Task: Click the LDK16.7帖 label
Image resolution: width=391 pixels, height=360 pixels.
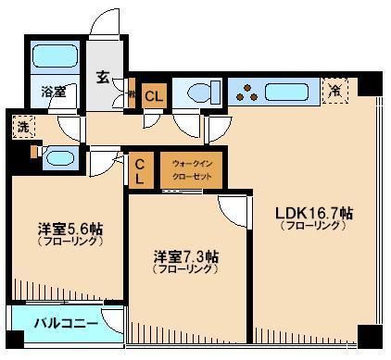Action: click(314, 212)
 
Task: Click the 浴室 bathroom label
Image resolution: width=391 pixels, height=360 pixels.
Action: click(52, 91)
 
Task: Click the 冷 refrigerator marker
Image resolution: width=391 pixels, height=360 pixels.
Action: click(334, 90)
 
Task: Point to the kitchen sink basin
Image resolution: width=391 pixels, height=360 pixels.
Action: click(291, 91)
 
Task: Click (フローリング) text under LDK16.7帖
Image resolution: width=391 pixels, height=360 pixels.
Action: click(314, 226)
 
